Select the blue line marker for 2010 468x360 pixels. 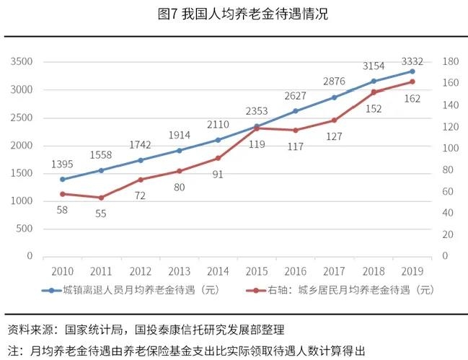[63, 179]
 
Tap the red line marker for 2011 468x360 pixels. [101, 198]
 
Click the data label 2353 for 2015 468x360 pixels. [257, 111]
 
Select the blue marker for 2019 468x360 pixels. [412, 71]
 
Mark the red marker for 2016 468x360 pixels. [296, 130]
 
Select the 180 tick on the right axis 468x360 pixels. [451, 62]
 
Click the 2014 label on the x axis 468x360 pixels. [218, 271]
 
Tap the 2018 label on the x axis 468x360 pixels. [374, 271]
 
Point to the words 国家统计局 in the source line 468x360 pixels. [92, 330]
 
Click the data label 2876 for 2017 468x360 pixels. [335, 82]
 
